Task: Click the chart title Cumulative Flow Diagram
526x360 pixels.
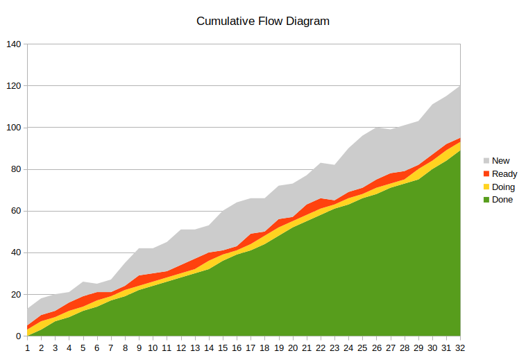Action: (x=262, y=21)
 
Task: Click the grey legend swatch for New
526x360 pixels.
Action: (x=486, y=161)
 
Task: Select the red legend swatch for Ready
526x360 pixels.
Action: (x=486, y=174)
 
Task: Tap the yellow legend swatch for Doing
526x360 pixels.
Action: (x=486, y=187)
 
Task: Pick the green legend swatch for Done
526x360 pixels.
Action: (x=486, y=200)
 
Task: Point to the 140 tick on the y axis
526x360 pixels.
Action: (x=14, y=44)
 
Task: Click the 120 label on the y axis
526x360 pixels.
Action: (x=14, y=86)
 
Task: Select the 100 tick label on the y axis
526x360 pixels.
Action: (x=14, y=128)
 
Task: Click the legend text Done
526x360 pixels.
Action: (x=502, y=200)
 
